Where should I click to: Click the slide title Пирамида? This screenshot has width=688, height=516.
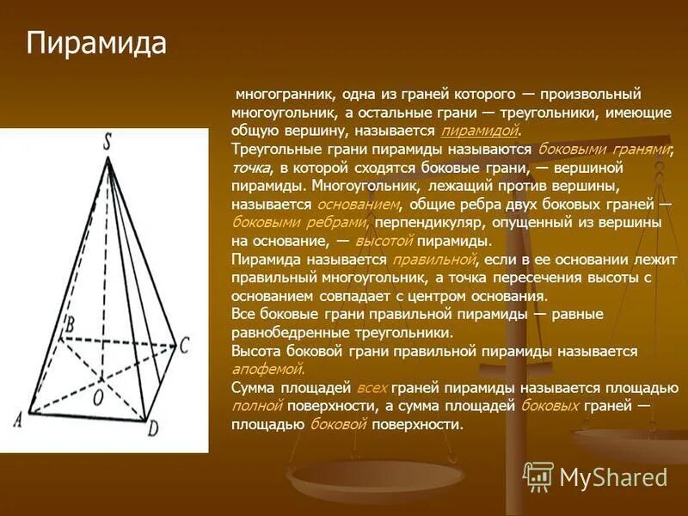(x=96, y=44)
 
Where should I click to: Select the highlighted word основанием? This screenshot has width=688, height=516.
(x=359, y=205)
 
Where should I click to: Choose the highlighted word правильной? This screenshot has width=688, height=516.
(x=433, y=260)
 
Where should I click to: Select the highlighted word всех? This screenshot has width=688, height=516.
(x=372, y=388)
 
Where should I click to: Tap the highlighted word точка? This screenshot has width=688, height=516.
(x=251, y=168)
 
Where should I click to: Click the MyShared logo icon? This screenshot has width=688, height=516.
(x=538, y=476)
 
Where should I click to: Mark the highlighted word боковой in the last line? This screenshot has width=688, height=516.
(x=338, y=425)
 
